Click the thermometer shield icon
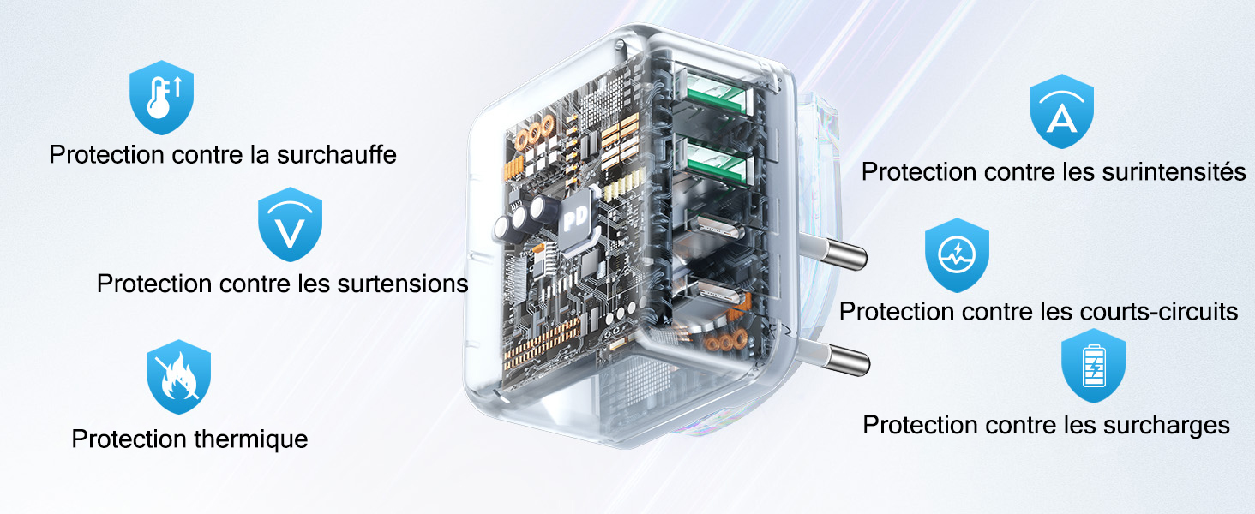pos(161,98)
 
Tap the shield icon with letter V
pos(290,224)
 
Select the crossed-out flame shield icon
pos(178,377)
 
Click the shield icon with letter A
pos(1062,111)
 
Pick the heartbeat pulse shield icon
pos(957,255)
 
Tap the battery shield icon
pos(1093,366)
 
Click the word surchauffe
pos(336,155)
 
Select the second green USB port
pos(716,164)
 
